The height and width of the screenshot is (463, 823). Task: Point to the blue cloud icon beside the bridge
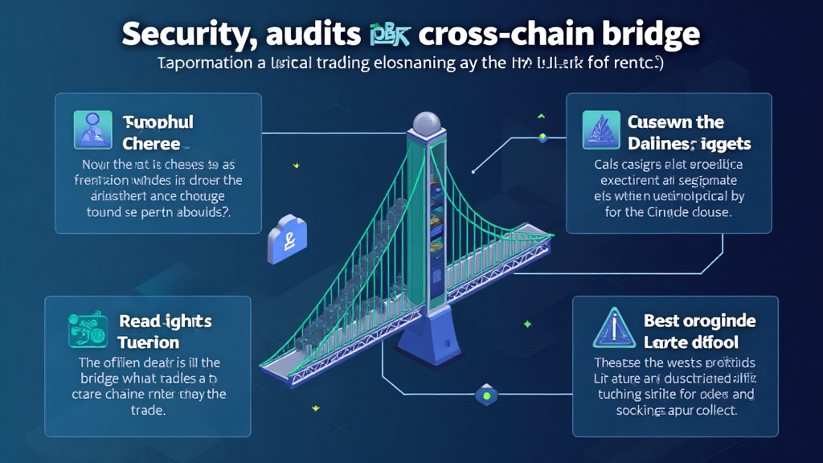pos(284,240)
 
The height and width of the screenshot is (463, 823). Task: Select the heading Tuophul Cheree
pos(158,133)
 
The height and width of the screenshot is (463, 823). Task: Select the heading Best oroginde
pos(699,321)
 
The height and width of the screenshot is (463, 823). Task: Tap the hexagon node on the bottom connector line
pos(485,395)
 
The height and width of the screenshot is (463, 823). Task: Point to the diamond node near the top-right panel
pos(543,137)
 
